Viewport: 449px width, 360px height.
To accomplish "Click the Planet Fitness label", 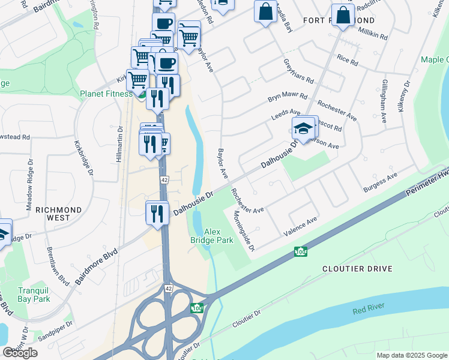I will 106,94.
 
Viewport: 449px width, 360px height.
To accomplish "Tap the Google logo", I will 20,353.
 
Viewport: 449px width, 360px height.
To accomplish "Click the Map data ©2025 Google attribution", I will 411,355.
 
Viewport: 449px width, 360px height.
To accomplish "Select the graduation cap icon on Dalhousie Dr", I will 304,128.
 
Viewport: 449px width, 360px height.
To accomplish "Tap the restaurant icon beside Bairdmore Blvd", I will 157,214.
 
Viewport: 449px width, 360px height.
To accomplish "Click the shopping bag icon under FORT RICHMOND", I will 343,16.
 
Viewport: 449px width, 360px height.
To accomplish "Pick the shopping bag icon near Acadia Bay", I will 265,11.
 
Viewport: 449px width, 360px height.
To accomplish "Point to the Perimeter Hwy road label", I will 427,171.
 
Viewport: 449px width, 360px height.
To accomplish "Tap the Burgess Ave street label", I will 381,183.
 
